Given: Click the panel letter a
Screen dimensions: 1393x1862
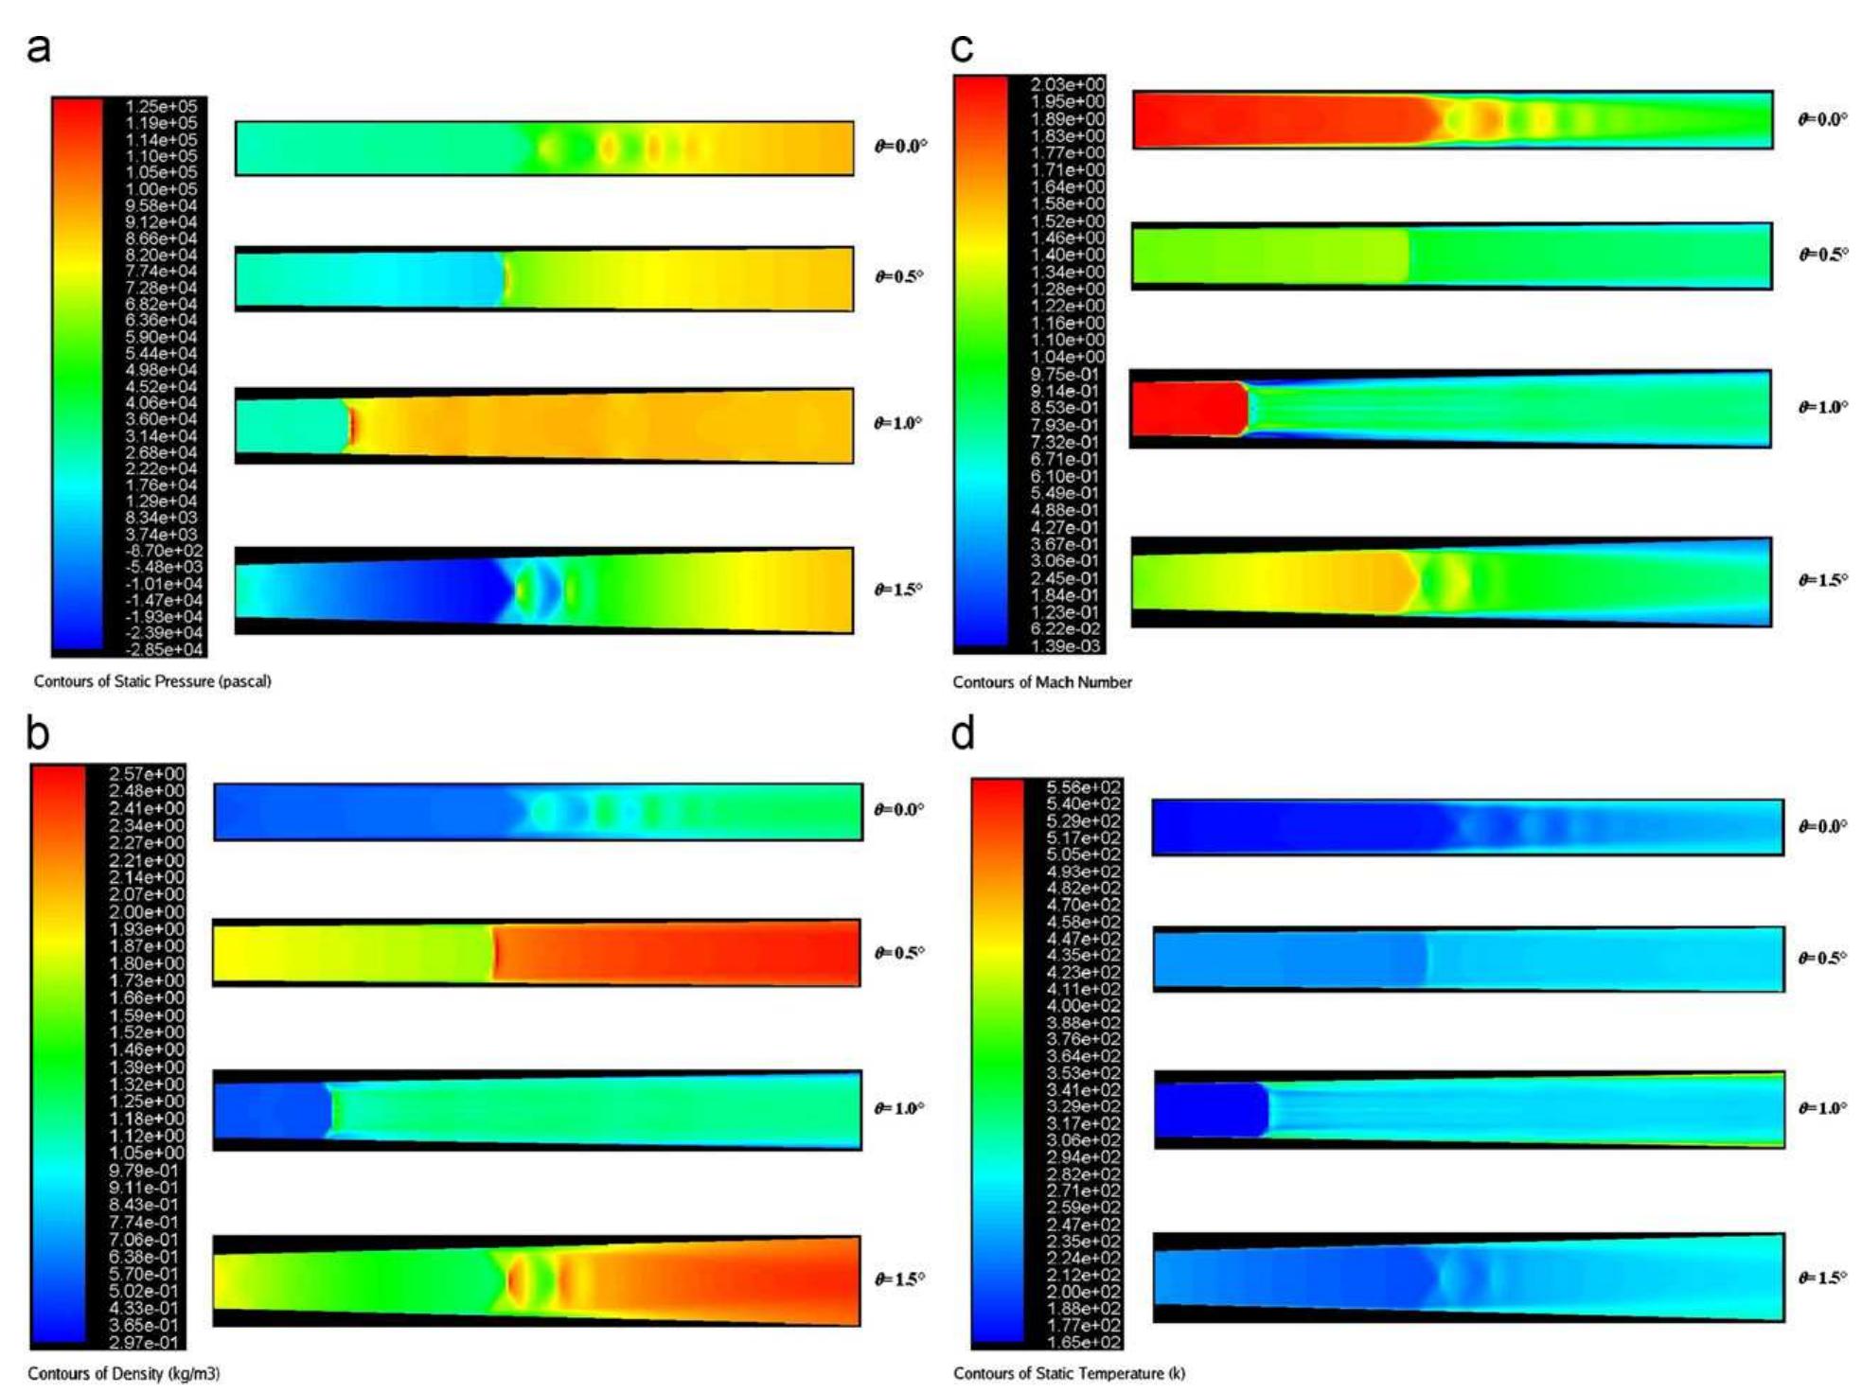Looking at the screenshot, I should click(39, 47).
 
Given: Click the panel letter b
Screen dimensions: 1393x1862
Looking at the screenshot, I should click(38, 733).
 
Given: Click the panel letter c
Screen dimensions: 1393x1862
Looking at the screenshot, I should click(962, 47).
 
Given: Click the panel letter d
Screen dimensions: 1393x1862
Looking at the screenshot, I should click(963, 733).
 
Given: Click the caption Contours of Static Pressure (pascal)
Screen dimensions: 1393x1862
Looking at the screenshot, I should click(152, 681).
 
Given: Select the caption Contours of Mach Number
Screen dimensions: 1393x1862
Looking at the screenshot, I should click(1042, 682).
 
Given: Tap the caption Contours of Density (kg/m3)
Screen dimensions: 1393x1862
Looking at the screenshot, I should click(123, 1373).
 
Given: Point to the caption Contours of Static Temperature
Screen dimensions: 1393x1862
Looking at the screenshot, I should click(1069, 1373).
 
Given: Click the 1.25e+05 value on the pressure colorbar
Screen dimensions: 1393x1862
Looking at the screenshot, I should click(162, 106).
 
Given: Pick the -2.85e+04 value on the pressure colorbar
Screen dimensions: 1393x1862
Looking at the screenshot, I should click(164, 650).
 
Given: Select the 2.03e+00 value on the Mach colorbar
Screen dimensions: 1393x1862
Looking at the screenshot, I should click(1068, 84).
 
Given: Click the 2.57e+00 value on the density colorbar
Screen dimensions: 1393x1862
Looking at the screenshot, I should click(147, 774).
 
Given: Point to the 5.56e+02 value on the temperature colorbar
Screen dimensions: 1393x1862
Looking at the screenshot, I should click(1084, 787).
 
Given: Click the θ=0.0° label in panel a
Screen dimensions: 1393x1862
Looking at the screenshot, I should click(900, 146).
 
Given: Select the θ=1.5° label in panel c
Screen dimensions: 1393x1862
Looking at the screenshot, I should click(1823, 580).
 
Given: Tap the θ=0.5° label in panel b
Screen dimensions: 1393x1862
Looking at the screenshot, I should click(898, 953).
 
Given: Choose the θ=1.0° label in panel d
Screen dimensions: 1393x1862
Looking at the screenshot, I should click(1823, 1108).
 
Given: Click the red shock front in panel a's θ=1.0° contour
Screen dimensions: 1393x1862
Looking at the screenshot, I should click(351, 425).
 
